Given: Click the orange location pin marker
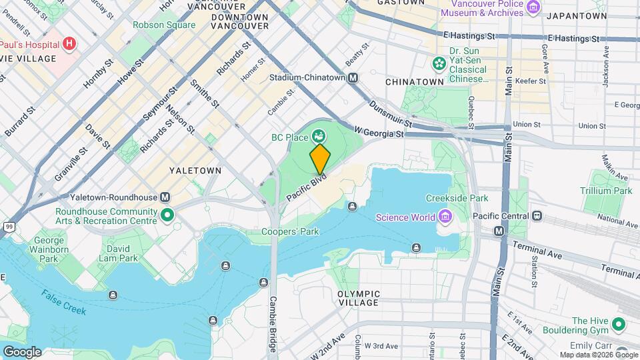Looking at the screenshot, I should pyautogui.click(x=320, y=159).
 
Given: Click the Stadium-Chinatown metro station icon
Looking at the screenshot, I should pyautogui.click(x=353, y=77).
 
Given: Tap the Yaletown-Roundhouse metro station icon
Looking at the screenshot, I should pyautogui.click(x=165, y=197).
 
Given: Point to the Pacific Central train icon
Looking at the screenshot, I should pyautogui.click(x=535, y=216).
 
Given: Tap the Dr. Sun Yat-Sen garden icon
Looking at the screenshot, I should pyautogui.click(x=439, y=63).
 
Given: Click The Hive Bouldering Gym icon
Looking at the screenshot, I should pyautogui.click(x=618, y=325).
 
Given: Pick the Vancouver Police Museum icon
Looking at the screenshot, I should pyautogui.click(x=533, y=7).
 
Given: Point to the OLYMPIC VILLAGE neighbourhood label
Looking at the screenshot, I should pyautogui.click(x=359, y=298).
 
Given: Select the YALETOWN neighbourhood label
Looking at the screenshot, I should pyautogui.click(x=195, y=171).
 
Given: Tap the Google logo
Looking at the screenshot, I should pyautogui.click(x=22, y=351).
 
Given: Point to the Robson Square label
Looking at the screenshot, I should pyautogui.click(x=164, y=25).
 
